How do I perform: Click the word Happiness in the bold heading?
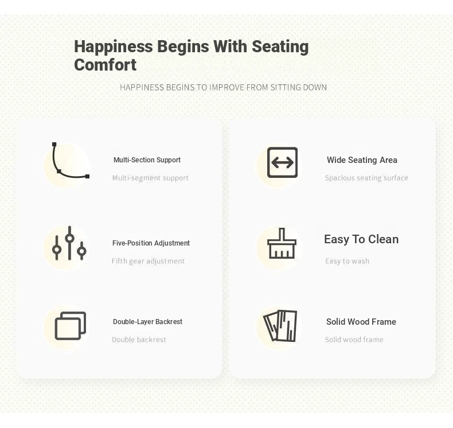pos(114,47)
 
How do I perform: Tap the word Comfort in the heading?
pos(105,65)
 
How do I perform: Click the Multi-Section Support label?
pos(147,160)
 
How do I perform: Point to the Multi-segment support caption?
pos(150,178)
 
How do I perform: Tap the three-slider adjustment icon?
pos(69,243)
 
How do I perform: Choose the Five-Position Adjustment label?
pos(151,243)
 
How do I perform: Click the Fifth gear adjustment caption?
pos(148,261)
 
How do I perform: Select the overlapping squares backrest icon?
pos(70,326)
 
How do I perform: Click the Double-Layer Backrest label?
pos(147,322)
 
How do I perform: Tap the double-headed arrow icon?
pos(282,162)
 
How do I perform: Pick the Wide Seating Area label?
pos(362,160)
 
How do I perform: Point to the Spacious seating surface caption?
pos(366,178)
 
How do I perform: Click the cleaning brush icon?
pos(282,243)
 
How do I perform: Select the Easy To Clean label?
pos(361,239)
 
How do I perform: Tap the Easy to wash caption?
pos(347,261)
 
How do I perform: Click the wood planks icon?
pos(280,326)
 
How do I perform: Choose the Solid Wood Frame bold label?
pos(361,322)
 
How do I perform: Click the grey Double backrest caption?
pos(139,340)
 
